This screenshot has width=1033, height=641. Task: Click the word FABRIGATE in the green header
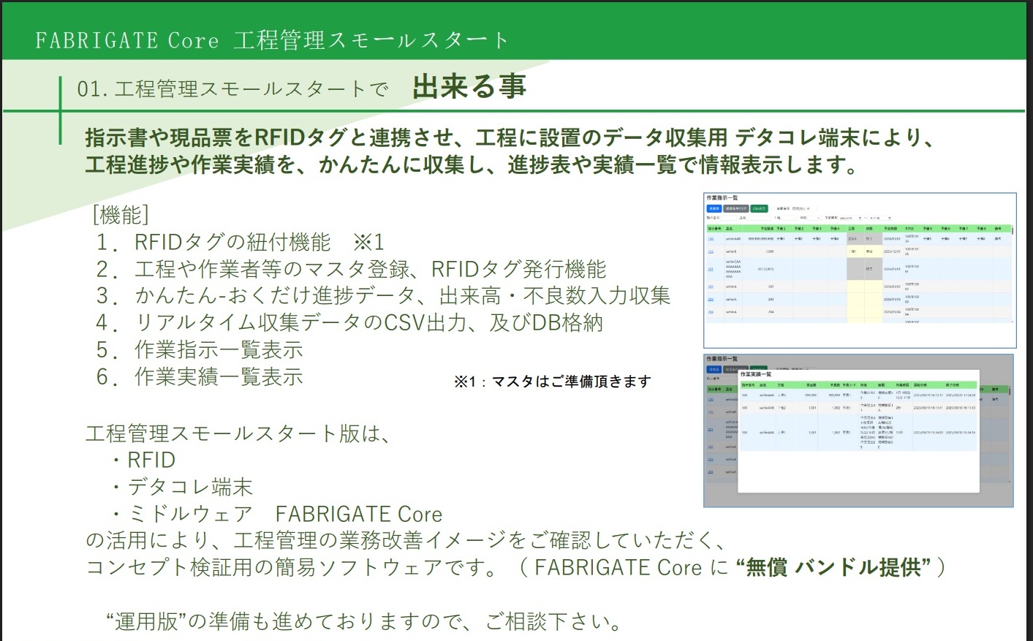96,40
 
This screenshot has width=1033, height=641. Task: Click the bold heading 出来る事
469,87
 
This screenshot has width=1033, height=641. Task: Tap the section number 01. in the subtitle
92,89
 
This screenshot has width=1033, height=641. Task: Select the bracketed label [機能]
121,215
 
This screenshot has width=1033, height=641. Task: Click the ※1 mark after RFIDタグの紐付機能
368,242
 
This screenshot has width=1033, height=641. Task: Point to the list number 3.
107,296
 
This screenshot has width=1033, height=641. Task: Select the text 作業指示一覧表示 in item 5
219,350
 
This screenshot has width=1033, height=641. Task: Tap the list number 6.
107,377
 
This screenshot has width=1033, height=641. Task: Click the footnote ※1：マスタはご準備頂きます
552,382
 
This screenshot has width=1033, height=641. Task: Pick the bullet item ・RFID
144,460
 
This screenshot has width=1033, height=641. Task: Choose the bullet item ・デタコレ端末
182,488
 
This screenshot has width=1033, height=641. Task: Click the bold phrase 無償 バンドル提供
833,567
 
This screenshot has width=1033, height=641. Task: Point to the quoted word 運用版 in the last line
146,621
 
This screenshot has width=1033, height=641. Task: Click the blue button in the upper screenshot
714,208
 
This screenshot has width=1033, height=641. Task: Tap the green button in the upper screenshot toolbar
759,208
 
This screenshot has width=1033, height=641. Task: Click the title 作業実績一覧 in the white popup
756,374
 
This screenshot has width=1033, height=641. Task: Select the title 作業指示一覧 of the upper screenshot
722,198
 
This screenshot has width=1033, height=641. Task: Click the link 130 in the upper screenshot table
711,238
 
